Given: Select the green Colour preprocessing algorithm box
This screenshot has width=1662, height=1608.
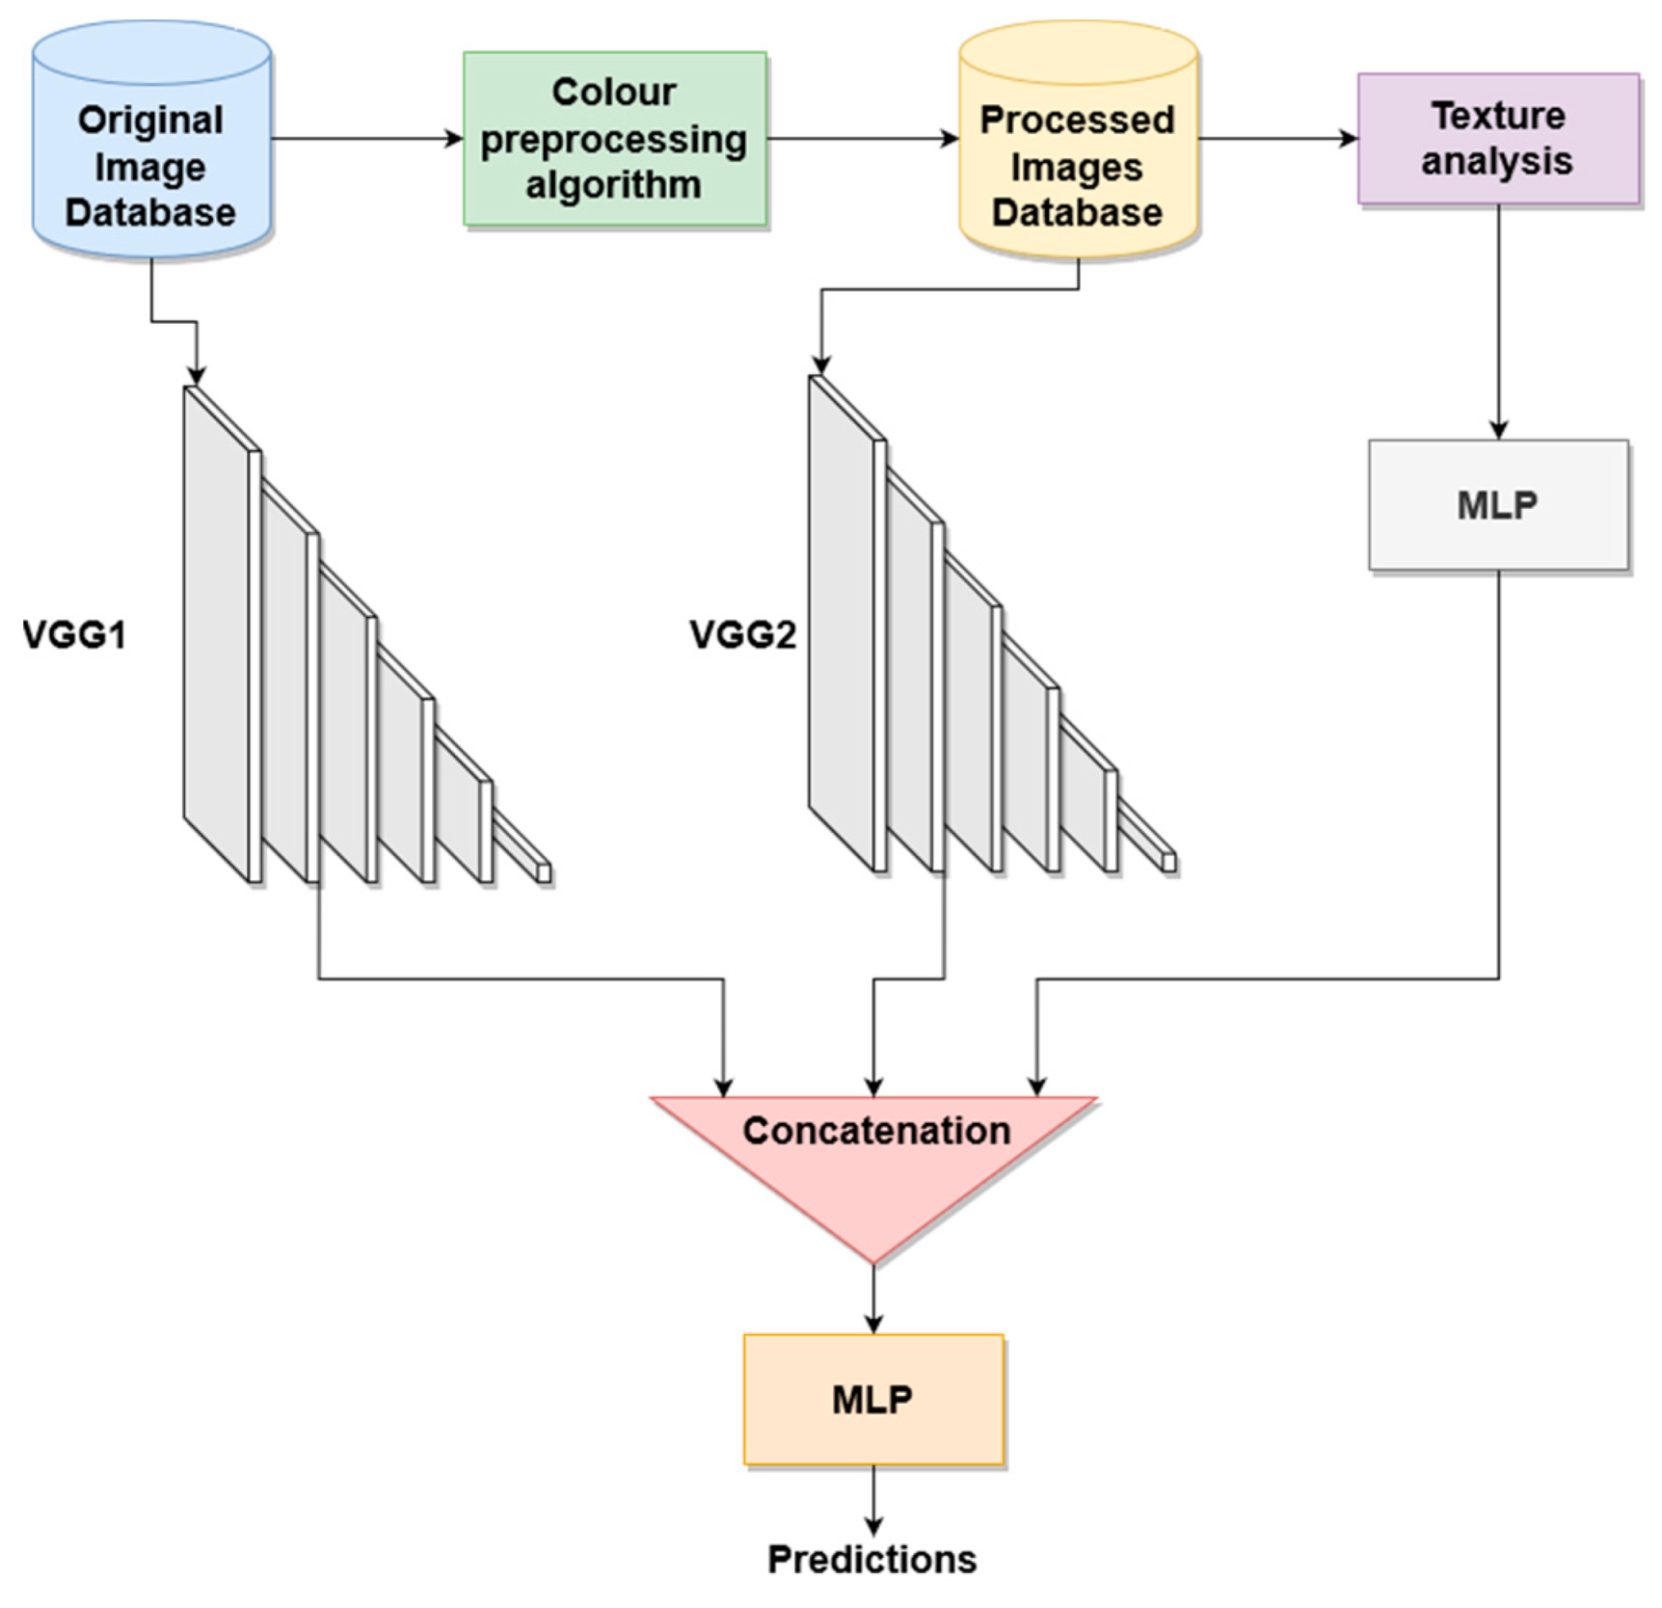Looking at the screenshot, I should click(x=614, y=139).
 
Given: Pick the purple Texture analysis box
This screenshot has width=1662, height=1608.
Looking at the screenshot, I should click(x=1498, y=139).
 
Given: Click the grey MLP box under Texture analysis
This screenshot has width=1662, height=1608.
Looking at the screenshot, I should click(x=1498, y=505).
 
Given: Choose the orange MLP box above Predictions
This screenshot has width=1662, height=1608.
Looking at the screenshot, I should click(x=873, y=1399).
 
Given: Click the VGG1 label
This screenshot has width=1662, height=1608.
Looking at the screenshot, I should click(x=74, y=635).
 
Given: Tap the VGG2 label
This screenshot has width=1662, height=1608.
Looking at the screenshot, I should click(x=742, y=635).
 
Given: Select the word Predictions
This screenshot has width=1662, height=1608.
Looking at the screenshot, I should click(x=871, y=1559).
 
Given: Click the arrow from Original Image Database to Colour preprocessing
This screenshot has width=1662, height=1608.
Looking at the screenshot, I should click(x=366, y=139).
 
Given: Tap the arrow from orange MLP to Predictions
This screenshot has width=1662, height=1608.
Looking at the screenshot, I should click(x=873, y=1500).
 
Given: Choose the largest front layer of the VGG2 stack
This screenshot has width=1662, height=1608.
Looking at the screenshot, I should click(x=843, y=622).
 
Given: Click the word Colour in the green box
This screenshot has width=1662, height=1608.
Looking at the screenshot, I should click(x=614, y=93).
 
